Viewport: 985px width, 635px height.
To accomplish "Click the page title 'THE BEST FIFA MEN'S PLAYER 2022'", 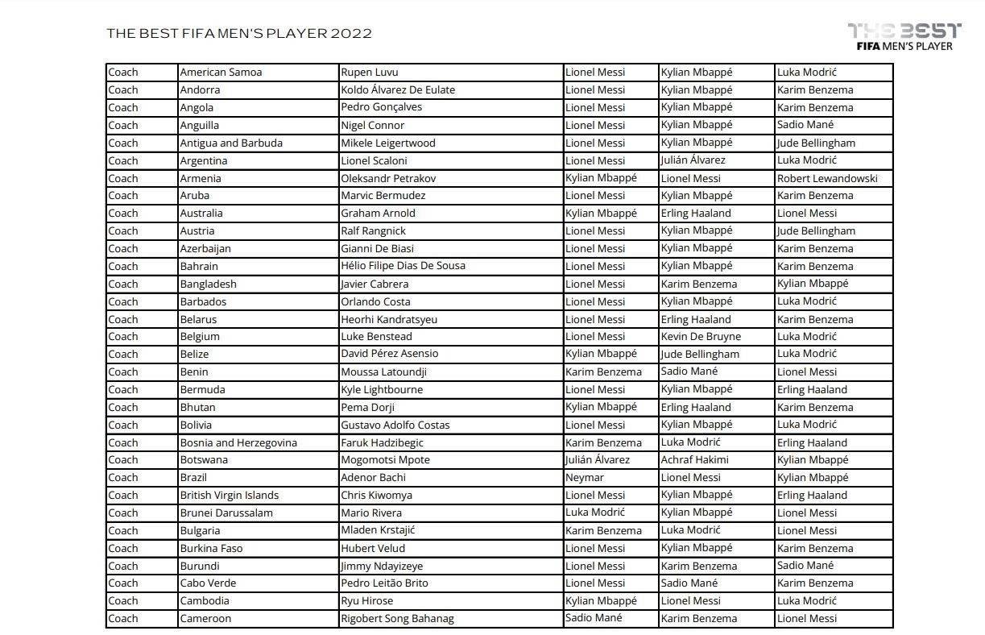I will pos(239,33).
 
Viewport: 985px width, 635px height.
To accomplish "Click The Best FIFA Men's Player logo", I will pos(904,36).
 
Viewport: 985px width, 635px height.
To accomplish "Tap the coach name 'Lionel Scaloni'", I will pos(374,160).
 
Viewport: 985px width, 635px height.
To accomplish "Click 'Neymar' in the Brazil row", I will pos(585,477).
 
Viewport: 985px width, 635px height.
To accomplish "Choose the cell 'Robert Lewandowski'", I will pos(827,178).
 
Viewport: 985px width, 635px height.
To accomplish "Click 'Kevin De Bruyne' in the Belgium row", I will pos(701,336).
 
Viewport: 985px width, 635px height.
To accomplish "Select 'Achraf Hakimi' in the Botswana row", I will pos(694,459).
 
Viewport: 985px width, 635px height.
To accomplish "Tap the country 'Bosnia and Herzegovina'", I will pos(238,442).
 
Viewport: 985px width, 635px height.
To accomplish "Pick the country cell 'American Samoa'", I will pos(221,72).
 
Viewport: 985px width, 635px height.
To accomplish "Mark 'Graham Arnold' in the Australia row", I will pos(378,213).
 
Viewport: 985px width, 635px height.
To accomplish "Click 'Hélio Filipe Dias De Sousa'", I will pos(403,266).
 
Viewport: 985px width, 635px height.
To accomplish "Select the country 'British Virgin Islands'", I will pos(229,495).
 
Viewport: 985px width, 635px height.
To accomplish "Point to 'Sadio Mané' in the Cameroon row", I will pos(594,618).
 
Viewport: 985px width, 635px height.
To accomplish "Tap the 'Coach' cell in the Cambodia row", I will pos(123,600).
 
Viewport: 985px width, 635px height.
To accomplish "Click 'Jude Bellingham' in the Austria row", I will pos(816,230).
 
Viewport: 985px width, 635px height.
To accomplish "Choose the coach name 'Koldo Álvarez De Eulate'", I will pos(398,89).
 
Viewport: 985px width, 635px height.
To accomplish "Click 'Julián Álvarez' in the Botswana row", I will pos(598,459).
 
